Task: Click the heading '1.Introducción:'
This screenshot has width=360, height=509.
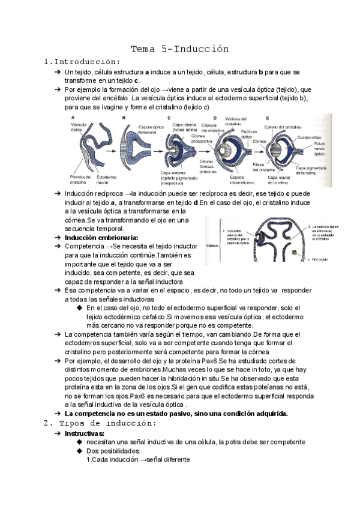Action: pos(82,61)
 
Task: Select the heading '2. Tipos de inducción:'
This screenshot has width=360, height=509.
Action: pos(100,423)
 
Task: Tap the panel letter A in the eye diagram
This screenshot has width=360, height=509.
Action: pos(73,118)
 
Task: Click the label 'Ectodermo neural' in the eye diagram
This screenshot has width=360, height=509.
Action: pos(106,179)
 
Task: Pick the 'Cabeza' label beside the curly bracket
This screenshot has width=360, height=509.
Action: pos(212,245)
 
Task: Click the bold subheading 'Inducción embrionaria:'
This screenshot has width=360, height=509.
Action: pos(101,237)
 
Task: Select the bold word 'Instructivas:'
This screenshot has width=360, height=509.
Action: pos(84,433)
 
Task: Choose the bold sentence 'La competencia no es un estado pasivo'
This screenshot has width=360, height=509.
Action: pos(176,413)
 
